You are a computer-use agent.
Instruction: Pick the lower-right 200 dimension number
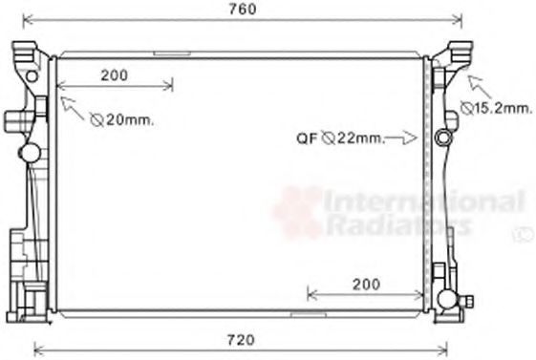pyautogui.click(x=365, y=284)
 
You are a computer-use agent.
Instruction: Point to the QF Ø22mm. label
pyautogui.click(x=339, y=138)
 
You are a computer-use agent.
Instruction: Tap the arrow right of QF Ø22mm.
pyautogui.click(x=408, y=138)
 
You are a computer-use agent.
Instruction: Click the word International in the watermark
pyautogui.click(x=424, y=201)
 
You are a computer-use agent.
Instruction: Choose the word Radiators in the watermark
pyautogui.click(x=398, y=225)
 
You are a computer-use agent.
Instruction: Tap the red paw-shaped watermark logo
pyautogui.click(x=297, y=211)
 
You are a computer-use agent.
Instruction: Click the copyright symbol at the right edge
pyautogui.click(x=524, y=231)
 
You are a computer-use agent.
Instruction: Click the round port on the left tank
pyautogui.click(x=30, y=152)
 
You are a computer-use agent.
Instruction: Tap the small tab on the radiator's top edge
pyautogui.click(x=172, y=54)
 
